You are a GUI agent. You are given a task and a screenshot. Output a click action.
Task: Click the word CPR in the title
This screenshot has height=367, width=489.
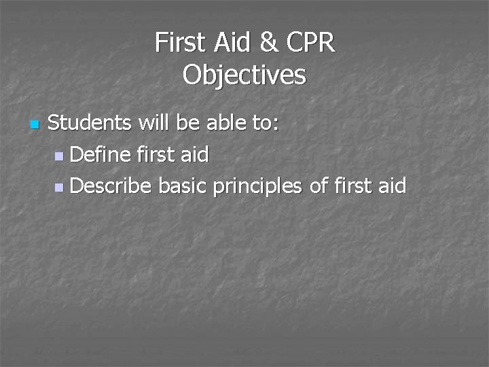click(311, 43)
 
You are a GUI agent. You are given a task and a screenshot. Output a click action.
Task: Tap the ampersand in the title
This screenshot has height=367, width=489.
click(268, 43)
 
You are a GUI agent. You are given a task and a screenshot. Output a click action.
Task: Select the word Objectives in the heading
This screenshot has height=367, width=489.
click(244, 75)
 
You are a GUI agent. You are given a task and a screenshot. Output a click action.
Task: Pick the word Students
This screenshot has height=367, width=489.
click(90, 124)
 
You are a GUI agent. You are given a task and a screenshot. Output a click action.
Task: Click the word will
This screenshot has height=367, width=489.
click(153, 124)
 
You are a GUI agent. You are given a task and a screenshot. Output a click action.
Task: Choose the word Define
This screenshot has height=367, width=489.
click(99, 154)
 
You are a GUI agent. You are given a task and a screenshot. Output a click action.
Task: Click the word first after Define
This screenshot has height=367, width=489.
click(155, 154)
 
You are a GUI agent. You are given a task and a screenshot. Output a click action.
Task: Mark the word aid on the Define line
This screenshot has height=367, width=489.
click(195, 154)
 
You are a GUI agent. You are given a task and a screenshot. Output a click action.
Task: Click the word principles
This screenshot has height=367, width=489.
click(257, 186)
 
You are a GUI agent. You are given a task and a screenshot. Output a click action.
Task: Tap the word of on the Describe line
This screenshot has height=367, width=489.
click(319, 185)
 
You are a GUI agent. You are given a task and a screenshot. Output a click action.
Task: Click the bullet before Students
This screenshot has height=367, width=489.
click(34, 125)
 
